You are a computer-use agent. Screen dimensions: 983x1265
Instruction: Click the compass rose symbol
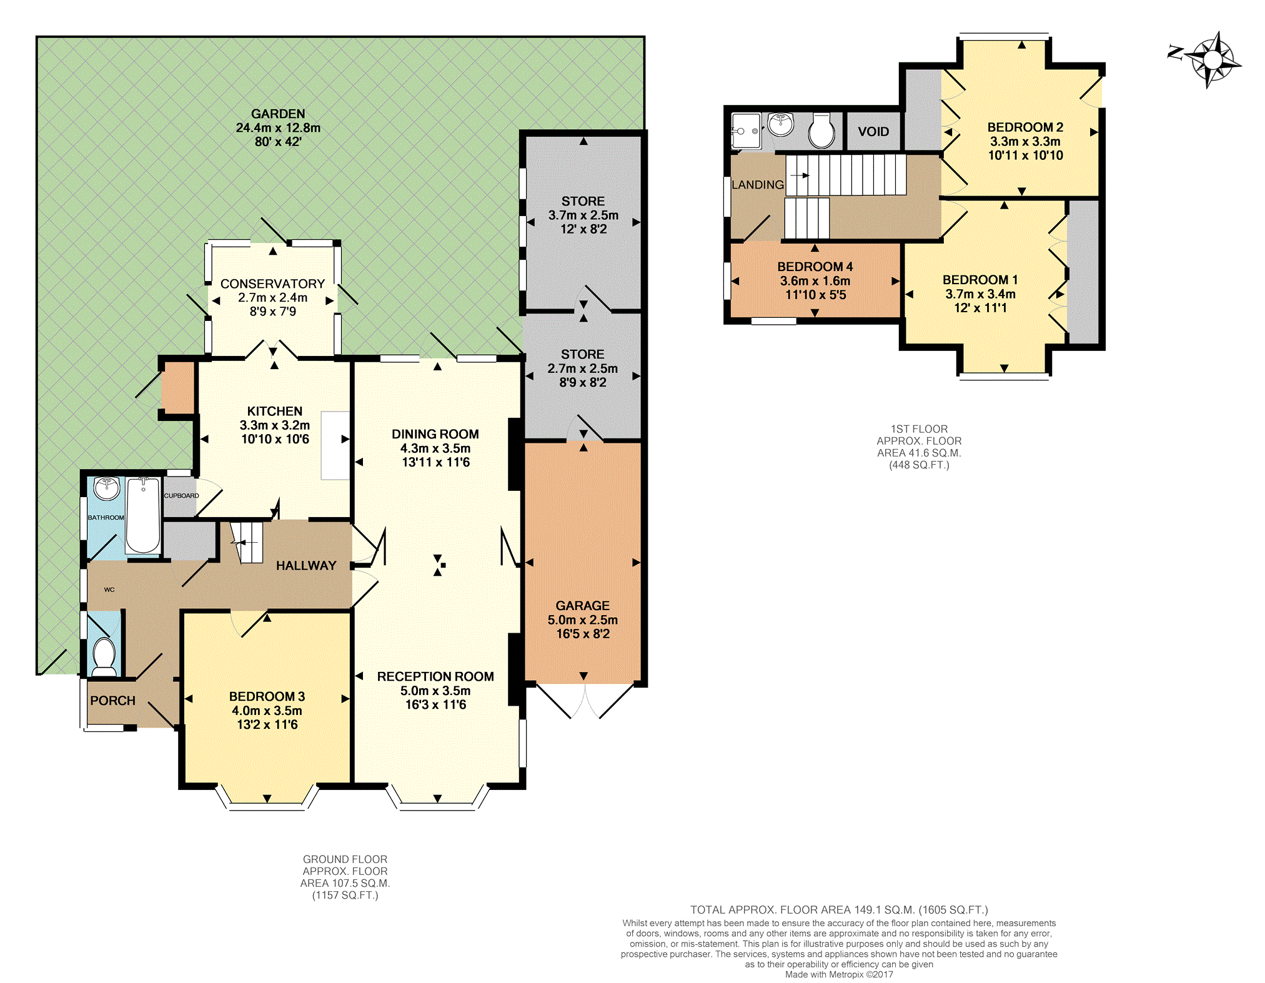click(x=1212, y=60)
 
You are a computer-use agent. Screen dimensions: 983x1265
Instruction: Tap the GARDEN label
click(x=278, y=114)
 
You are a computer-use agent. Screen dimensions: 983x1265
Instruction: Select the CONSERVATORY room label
click(x=272, y=284)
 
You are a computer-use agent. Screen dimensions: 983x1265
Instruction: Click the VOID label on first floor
click(x=873, y=132)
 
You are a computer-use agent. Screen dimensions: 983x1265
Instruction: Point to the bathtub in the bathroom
click(x=143, y=516)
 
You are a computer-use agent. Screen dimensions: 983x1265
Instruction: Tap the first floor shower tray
click(x=746, y=131)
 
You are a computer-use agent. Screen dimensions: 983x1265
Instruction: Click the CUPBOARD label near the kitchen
click(x=181, y=496)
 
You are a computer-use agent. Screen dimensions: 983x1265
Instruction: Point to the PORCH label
click(x=112, y=701)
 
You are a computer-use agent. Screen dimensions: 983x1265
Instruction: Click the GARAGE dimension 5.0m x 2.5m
click(x=582, y=620)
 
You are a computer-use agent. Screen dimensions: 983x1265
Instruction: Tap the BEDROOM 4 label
click(x=815, y=267)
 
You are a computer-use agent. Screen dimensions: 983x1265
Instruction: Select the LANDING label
click(x=757, y=185)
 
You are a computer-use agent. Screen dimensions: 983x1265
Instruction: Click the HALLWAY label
click(x=306, y=566)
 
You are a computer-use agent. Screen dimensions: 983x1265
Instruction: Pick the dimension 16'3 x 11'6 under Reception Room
click(x=435, y=705)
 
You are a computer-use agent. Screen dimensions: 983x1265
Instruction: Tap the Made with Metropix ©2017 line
click(x=838, y=974)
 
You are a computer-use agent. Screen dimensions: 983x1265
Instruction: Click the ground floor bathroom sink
click(x=107, y=488)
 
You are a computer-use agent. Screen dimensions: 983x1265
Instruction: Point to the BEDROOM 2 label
click(x=1024, y=127)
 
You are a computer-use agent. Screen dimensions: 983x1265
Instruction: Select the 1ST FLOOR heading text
click(x=918, y=429)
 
